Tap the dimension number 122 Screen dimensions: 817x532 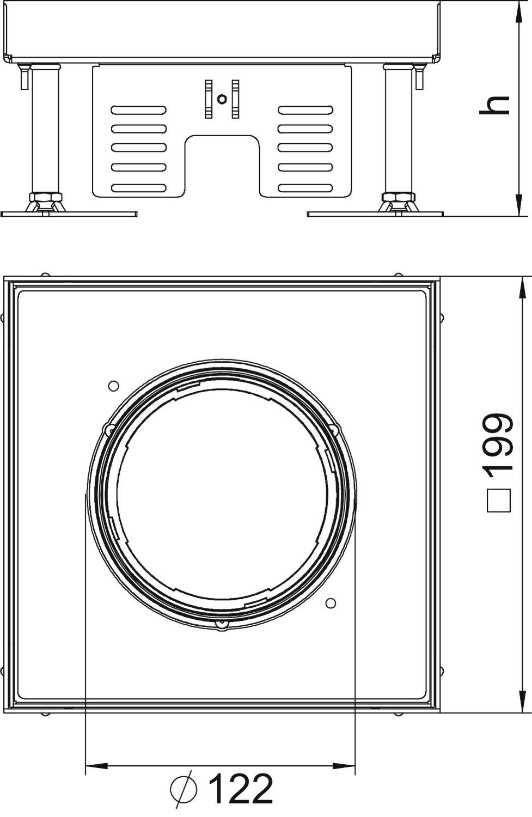(241, 789)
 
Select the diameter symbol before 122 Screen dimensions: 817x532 (184, 788)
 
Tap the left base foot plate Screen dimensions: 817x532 (69, 214)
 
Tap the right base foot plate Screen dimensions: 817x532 (376, 214)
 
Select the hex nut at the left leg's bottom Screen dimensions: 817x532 (45, 197)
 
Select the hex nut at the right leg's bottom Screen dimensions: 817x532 (399, 197)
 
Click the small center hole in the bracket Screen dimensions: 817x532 (221, 99)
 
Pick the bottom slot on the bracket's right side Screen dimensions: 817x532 (305, 188)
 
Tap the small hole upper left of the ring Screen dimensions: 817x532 (113, 386)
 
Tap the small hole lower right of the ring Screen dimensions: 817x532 (330, 603)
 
